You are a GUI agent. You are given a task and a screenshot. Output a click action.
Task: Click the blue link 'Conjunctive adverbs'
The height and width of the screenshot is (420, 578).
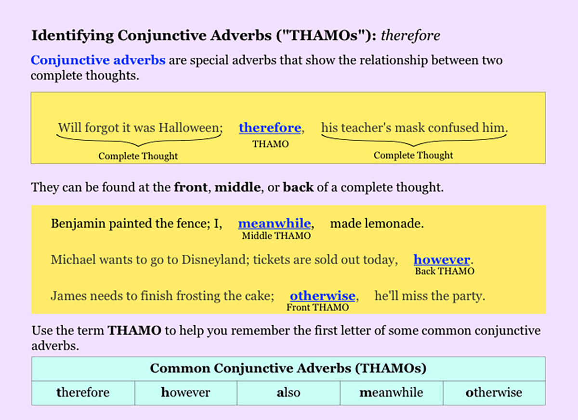click(98, 61)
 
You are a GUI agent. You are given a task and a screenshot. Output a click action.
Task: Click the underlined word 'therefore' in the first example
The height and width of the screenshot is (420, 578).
click(270, 128)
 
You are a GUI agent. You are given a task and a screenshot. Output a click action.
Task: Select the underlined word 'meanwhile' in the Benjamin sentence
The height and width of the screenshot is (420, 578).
click(275, 224)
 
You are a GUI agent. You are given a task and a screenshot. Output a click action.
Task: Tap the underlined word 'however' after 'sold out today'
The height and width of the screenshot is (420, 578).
click(442, 260)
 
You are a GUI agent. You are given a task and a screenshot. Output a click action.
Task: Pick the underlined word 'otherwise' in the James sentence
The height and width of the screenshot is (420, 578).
click(322, 296)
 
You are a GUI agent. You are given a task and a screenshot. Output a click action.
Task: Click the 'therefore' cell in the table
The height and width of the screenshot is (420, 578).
click(83, 393)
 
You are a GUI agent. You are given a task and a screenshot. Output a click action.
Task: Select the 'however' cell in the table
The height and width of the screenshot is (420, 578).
click(186, 393)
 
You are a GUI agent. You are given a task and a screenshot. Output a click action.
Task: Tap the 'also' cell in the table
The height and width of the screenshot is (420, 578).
click(289, 393)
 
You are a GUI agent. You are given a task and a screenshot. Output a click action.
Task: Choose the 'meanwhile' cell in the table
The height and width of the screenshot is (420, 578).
click(391, 393)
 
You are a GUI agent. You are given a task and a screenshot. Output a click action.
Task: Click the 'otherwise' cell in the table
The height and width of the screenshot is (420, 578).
click(494, 393)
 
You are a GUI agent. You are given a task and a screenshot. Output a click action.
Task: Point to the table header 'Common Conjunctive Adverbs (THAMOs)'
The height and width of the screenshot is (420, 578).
click(288, 368)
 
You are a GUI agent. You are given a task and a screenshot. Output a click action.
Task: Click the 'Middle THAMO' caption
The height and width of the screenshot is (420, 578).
click(276, 236)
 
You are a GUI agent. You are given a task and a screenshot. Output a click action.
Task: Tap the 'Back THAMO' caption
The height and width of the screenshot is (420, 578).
click(445, 271)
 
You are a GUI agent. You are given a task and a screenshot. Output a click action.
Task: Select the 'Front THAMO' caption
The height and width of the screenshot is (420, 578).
click(317, 307)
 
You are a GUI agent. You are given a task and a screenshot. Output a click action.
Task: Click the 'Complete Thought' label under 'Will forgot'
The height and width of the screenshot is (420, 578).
click(138, 156)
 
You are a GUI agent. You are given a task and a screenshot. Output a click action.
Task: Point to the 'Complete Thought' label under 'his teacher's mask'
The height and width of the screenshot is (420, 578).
click(413, 156)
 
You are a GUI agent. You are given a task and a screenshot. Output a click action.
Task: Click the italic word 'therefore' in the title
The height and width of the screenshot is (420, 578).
click(410, 36)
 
